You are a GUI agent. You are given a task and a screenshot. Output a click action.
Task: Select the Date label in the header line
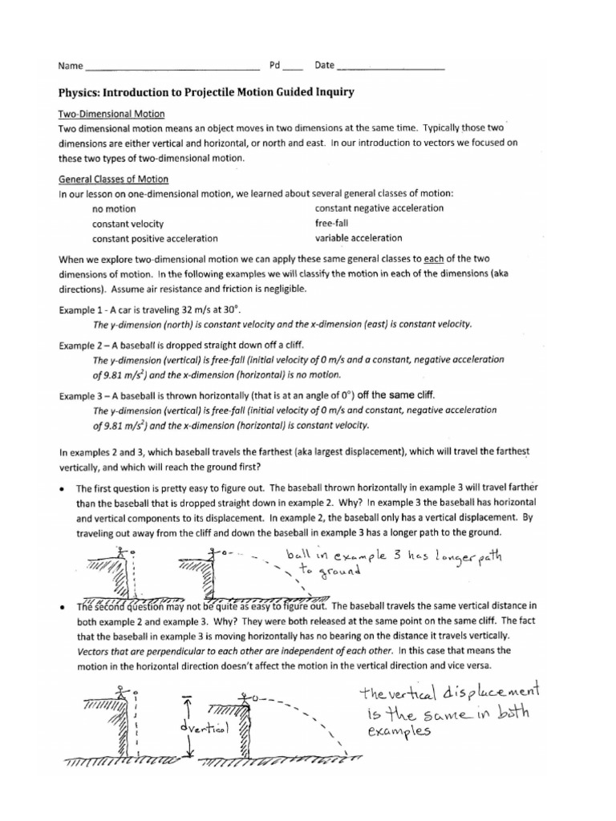coord(324,65)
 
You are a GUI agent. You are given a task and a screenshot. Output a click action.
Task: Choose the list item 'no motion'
coord(114,209)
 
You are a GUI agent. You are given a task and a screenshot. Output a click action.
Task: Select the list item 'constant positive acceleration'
coord(155,239)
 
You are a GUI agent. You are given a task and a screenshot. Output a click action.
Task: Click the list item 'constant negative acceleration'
coord(379,208)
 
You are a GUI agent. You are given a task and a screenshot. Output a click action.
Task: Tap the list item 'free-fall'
coord(331,224)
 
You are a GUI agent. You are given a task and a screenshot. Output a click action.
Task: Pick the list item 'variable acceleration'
coord(359,238)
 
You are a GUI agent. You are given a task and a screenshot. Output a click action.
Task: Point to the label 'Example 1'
coord(84,309)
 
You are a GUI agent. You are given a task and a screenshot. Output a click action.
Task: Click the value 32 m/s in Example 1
coord(188,309)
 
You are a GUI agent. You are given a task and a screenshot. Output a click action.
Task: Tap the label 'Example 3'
coord(84,394)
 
